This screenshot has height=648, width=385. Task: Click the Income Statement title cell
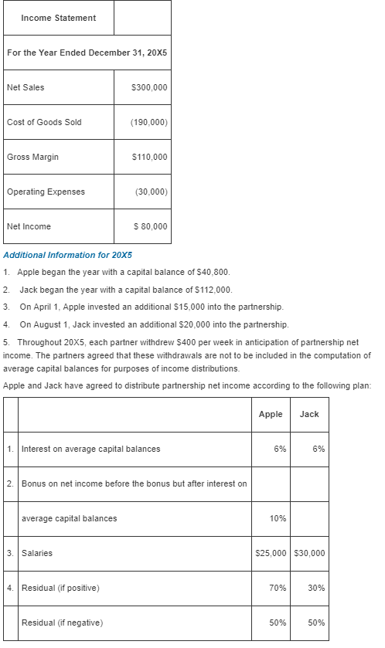[x=59, y=18]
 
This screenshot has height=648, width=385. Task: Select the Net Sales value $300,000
[x=150, y=87]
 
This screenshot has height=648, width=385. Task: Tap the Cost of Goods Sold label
[x=44, y=122]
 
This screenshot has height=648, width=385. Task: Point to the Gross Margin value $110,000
[x=150, y=157]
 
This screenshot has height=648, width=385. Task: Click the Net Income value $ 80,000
[x=150, y=226]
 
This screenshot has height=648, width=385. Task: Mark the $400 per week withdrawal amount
[x=189, y=341]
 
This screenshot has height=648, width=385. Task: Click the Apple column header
[x=271, y=414]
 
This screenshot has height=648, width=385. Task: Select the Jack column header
[x=309, y=414]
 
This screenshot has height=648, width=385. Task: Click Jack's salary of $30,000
[x=310, y=553]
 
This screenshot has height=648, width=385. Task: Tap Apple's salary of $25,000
[x=271, y=553]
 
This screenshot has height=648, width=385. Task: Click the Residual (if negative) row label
[x=60, y=623]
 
